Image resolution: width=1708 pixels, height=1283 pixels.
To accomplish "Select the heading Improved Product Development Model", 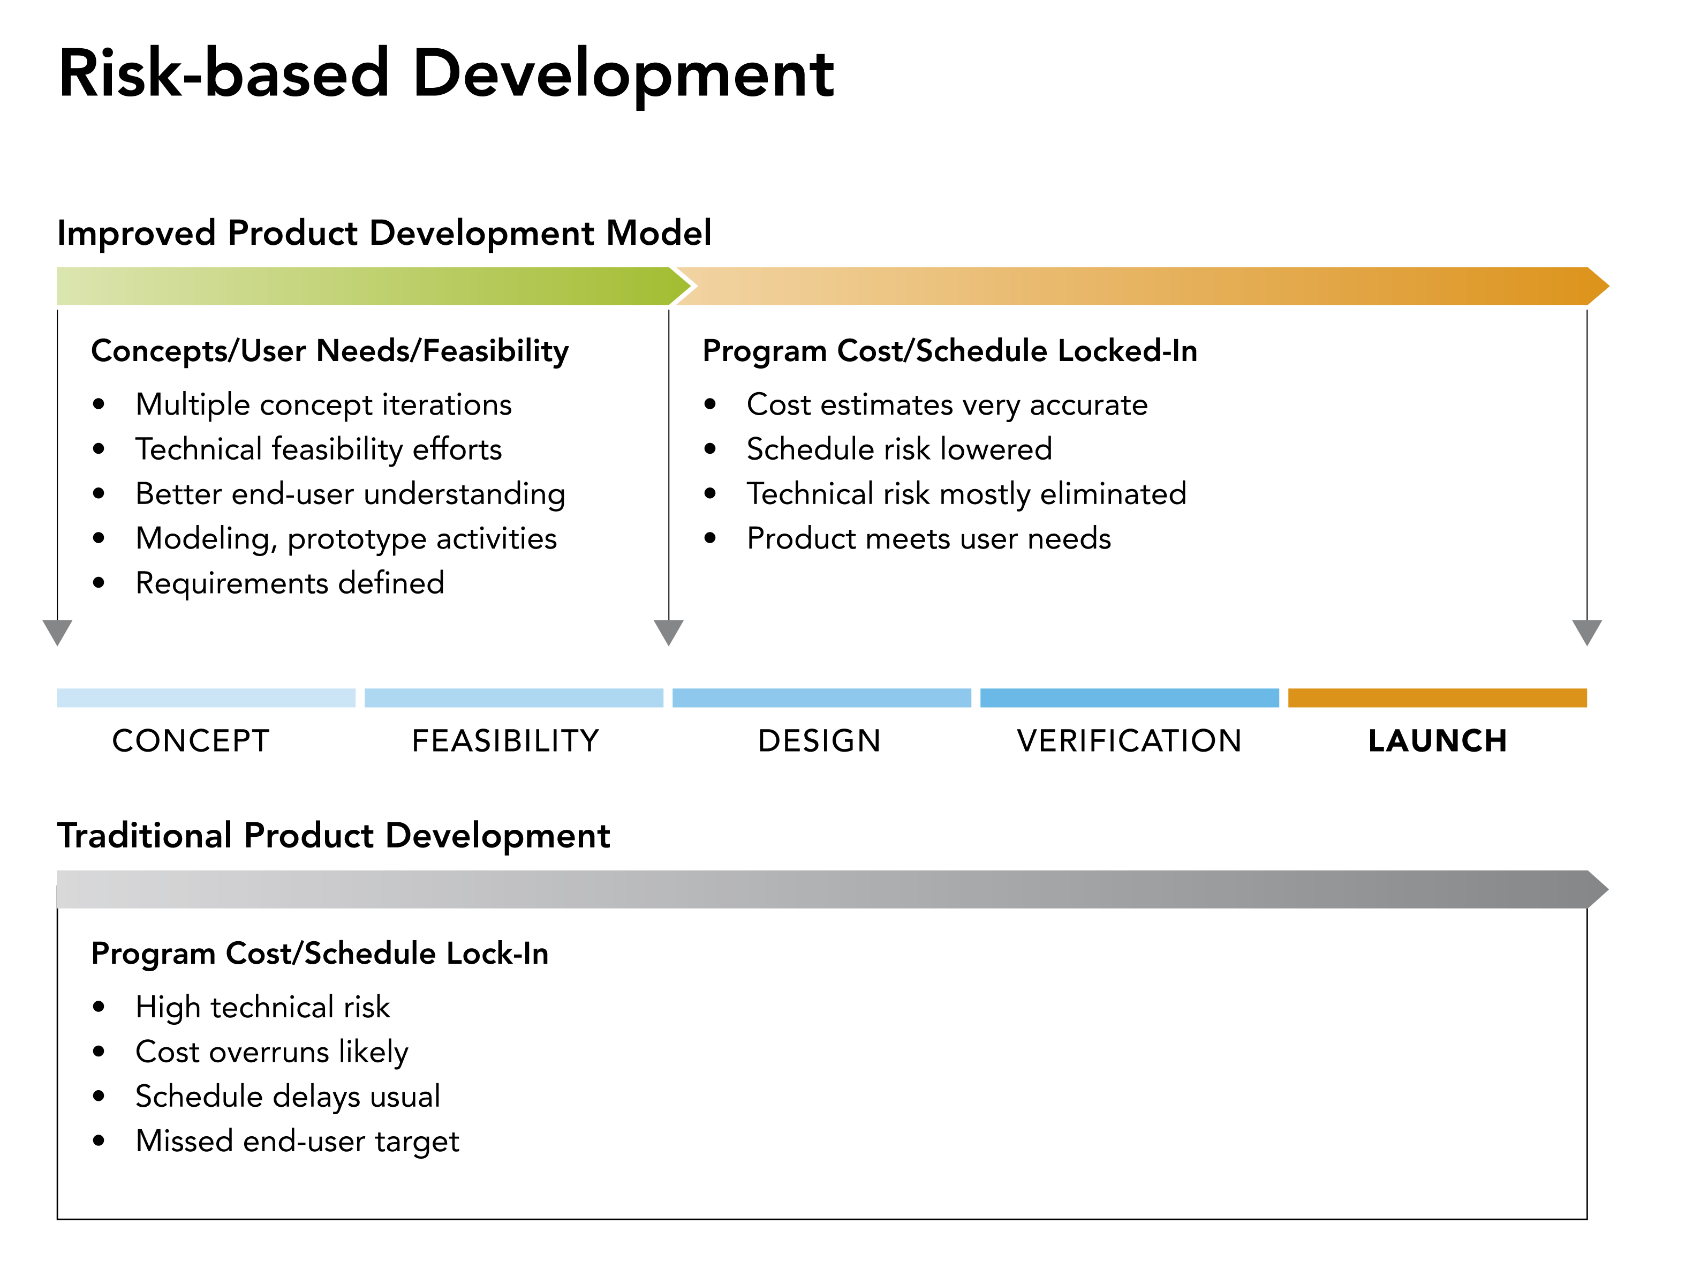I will pyautogui.click(x=384, y=233).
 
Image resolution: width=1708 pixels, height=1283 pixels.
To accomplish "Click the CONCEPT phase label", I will pyautogui.click(x=191, y=741).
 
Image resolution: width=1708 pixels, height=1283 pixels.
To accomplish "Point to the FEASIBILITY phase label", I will pyautogui.click(x=505, y=741).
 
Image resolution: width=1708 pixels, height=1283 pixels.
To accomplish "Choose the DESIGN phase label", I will pyautogui.click(x=819, y=741).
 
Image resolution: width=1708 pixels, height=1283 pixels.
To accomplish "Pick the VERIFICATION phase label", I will pyautogui.click(x=1129, y=741).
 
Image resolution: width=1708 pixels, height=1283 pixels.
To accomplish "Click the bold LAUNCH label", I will pyautogui.click(x=1437, y=741).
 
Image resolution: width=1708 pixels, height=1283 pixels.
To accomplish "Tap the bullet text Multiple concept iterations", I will pyautogui.click(x=323, y=405).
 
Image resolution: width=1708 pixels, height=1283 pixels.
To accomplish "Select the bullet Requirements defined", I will pyautogui.click(x=290, y=583).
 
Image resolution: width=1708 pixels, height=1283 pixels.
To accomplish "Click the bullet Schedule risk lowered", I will pyautogui.click(x=899, y=449).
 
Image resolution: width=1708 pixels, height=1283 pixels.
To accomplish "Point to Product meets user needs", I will pyautogui.click(x=928, y=538).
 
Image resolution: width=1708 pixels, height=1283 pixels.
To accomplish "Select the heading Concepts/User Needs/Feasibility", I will pyautogui.click(x=330, y=351).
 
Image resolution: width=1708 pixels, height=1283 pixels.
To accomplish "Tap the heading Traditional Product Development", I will pyautogui.click(x=334, y=836).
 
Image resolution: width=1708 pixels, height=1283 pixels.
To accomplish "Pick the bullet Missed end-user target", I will pyautogui.click(x=297, y=1141).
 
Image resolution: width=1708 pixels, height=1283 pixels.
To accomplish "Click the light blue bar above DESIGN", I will pyautogui.click(x=821, y=697).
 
